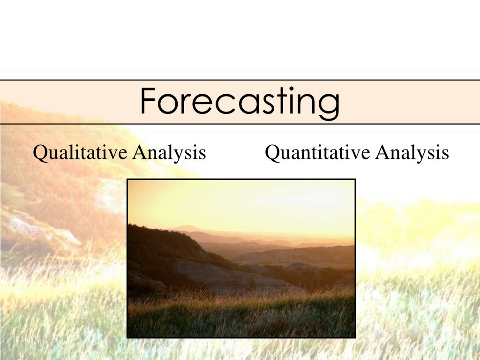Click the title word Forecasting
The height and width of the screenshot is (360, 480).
click(240, 103)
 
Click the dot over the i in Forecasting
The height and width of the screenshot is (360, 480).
click(291, 89)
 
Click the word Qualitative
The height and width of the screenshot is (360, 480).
click(80, 152)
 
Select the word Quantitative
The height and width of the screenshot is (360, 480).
click(317, 152)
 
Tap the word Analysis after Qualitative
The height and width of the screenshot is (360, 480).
click(169, 152)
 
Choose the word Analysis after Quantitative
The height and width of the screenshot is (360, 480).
click(412, 152)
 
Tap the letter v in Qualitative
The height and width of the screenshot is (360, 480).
click(112, 154)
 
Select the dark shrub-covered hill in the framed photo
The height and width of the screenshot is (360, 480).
click(165, 245)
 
